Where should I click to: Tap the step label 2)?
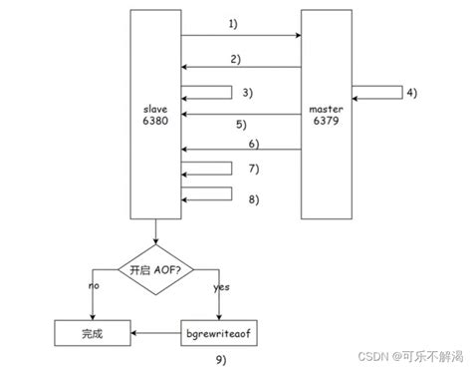[236, 58]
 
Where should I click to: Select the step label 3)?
[248, 92]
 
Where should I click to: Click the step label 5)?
[241, 125]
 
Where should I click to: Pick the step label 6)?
[255, 142]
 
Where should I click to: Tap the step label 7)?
[254, 167]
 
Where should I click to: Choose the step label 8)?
[254, 198]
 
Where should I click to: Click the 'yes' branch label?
[222, 285]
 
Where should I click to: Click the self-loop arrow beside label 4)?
[376, 93]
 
